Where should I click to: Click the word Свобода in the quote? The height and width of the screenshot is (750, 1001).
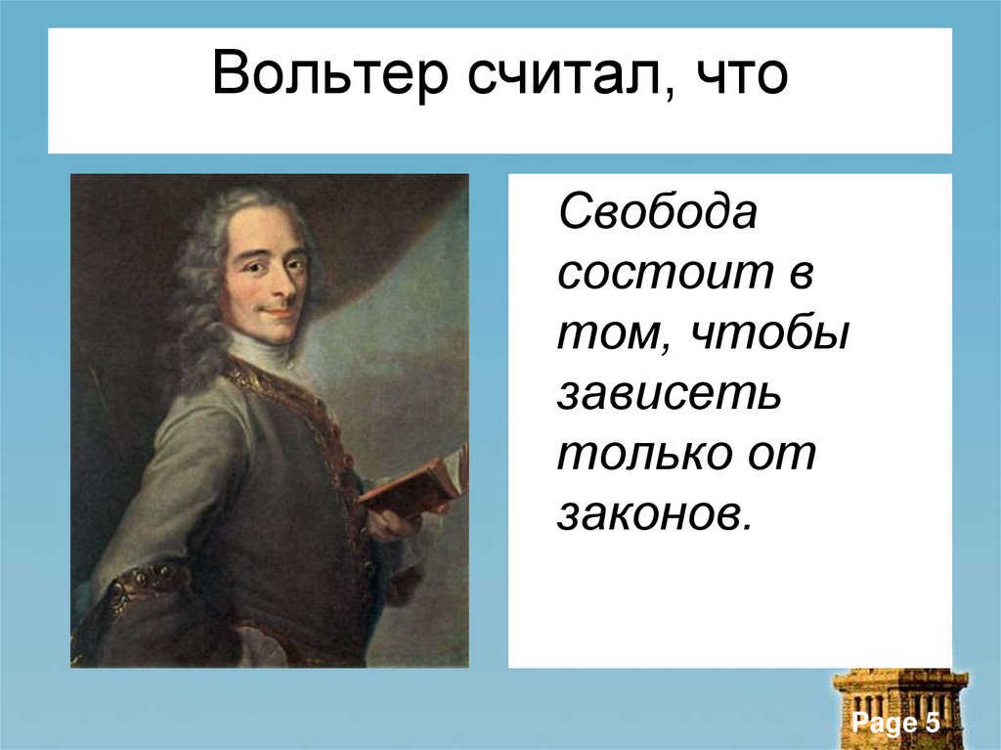click(657, 212)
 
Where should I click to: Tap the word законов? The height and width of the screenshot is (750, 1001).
click(656, 515)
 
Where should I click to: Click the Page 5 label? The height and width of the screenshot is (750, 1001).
click(895, 724)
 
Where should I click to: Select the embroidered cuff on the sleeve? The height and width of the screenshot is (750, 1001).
click(147, 586)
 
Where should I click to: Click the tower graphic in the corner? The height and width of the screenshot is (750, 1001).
click(899, 704)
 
